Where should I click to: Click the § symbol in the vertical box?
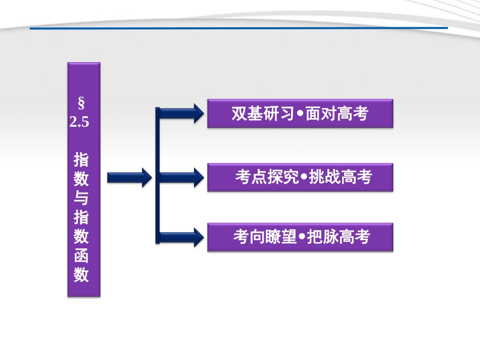81,105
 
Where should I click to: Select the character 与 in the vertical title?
81,198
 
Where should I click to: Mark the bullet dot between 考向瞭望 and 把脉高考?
302,238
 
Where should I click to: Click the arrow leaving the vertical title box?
129,177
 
